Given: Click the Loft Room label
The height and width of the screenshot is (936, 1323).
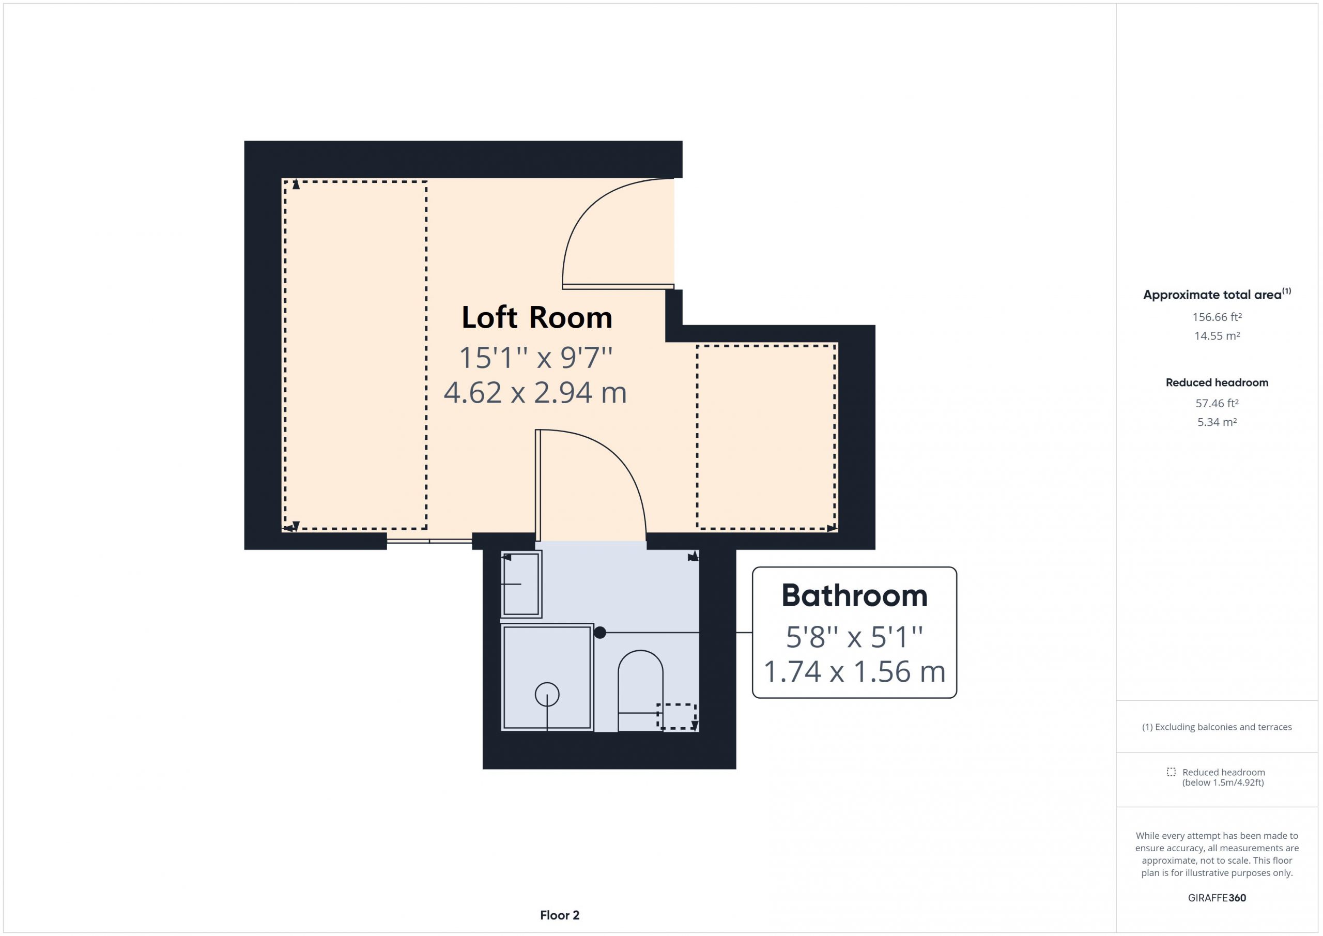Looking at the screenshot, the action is coord(536,317).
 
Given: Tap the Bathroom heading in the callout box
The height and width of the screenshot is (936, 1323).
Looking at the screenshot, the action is coord(854,595).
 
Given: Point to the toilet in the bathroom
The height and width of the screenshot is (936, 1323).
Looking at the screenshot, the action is coord(640,691).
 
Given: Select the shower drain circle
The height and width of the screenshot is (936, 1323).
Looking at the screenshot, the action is coord(547,695).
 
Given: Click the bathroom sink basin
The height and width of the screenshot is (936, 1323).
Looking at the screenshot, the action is coord(521,584).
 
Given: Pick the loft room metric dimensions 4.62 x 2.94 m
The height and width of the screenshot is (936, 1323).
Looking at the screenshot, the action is coord(535,392).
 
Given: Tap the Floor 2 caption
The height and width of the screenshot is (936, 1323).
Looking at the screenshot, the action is coord(560,915).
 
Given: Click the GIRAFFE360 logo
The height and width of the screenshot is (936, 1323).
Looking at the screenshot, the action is coord(1217,898).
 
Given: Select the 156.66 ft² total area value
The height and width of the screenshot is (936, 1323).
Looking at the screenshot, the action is coord(1217,317).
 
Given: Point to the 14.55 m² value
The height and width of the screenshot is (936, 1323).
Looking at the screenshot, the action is coord(1217,335).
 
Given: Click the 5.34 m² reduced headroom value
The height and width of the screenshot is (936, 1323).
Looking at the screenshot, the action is coord(1217,422).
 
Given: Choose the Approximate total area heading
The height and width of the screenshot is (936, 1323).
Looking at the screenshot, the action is coord(1217,294).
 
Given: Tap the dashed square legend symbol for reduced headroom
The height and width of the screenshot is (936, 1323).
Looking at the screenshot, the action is coord(1171,772).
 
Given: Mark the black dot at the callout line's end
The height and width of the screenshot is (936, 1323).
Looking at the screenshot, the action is coord(600,632).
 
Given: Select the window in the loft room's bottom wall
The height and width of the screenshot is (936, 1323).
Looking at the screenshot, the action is coord(429,541).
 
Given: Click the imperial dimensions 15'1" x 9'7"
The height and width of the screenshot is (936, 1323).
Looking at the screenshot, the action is coord(535,357).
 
